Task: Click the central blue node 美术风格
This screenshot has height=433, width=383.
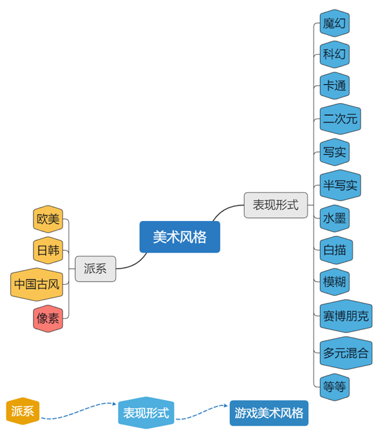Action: point(180,237)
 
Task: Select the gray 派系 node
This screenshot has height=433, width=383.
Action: point(95,269)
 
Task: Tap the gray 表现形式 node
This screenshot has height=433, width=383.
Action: point(275,205)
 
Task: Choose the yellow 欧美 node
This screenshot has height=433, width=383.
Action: point(48,219)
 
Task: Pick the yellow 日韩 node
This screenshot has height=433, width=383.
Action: point(48,250)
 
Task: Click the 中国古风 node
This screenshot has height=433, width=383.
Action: point(37,284)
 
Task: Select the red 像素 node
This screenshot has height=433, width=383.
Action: point(48,318)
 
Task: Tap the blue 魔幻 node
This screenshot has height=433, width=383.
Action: point(335,24)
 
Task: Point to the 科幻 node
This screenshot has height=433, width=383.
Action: point(335,54)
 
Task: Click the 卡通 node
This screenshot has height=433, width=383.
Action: point(335,86)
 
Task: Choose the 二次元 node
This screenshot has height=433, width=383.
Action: point(340,119)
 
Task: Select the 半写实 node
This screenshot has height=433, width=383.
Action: point(340,186)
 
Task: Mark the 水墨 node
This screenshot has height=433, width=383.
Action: point(335,218)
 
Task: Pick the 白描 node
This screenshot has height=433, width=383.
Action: point(335,249)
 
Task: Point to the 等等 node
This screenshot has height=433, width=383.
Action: point(335,386)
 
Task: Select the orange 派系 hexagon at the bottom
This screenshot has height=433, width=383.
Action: point(23,412)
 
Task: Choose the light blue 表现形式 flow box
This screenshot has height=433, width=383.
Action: point(146,412)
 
